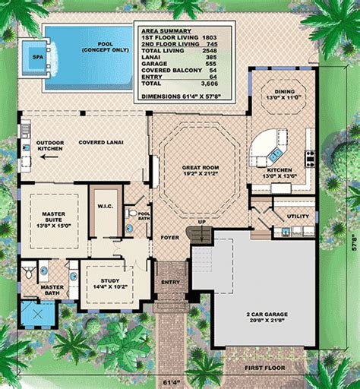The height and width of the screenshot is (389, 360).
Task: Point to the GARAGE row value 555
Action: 220,62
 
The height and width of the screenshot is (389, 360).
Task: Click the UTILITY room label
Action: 297,216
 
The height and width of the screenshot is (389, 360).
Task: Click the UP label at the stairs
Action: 201,222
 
